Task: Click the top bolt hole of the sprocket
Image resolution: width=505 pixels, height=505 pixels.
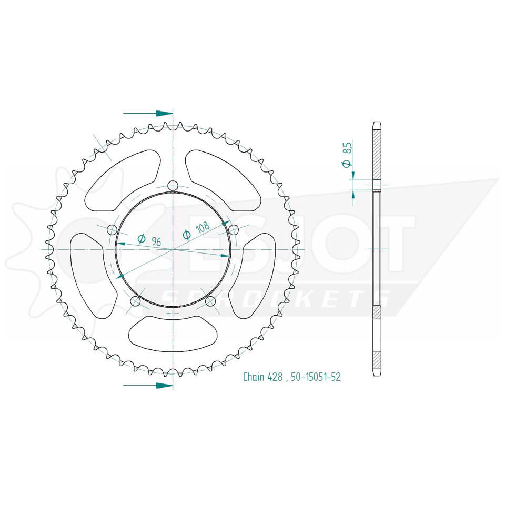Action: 173,185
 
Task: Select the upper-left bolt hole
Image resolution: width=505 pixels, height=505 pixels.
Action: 112,229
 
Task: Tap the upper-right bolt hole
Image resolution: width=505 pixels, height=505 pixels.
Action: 234,229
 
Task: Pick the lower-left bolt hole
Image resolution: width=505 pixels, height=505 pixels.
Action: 135,301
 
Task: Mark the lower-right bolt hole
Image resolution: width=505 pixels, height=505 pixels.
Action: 210,301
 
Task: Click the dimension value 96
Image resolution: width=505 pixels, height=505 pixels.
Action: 156,241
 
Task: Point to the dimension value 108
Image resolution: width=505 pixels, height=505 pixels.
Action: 202,228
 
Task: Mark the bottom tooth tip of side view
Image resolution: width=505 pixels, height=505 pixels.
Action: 376,374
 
